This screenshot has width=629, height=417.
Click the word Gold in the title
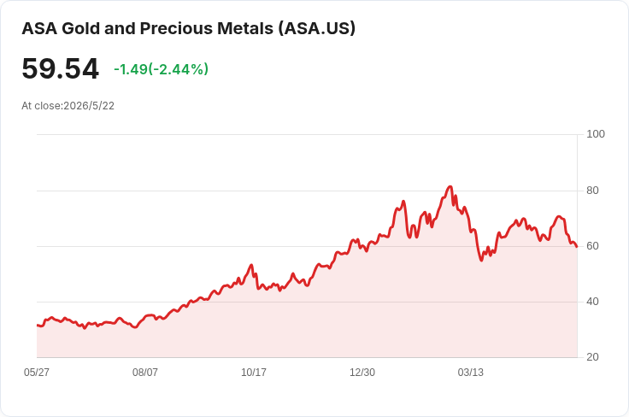point(80,28)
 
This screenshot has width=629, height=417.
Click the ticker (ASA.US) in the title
point(317,28)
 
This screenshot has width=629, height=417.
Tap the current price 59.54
point(60,69)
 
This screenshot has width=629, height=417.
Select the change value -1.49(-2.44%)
point(162,69)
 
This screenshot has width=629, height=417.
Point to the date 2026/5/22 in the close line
point(89,106)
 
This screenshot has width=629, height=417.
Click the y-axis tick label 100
point(596,134)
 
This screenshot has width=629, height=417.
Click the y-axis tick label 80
point(592,191)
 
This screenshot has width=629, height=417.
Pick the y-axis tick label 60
point(592,246)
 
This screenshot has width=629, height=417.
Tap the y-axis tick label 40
point(592,302)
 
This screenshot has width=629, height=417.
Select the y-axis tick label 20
point(592,357)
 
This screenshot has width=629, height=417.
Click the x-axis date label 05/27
point(37,373)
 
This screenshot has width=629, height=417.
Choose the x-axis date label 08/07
point(145,373)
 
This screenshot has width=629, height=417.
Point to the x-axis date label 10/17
point(254,373)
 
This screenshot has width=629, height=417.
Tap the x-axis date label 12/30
point(362,373)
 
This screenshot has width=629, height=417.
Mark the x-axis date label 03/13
point(471,373)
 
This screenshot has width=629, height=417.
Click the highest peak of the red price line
point(450,186)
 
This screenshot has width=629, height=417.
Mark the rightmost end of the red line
point(577,247)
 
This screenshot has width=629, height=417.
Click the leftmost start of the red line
point(38,326)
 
